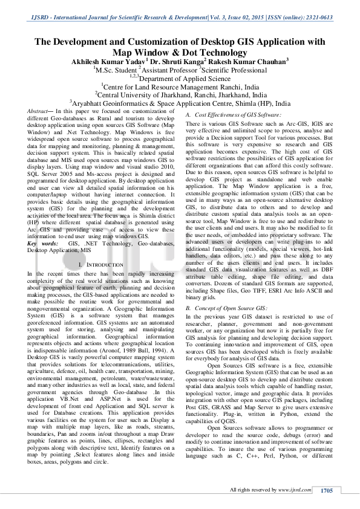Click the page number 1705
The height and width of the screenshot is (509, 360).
point(327,490)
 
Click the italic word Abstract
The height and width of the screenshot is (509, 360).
point(39,112)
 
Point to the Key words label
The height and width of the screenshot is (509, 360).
point(40,242)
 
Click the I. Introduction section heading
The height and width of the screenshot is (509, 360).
point(100,265)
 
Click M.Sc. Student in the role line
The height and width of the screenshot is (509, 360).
point(116,70)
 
